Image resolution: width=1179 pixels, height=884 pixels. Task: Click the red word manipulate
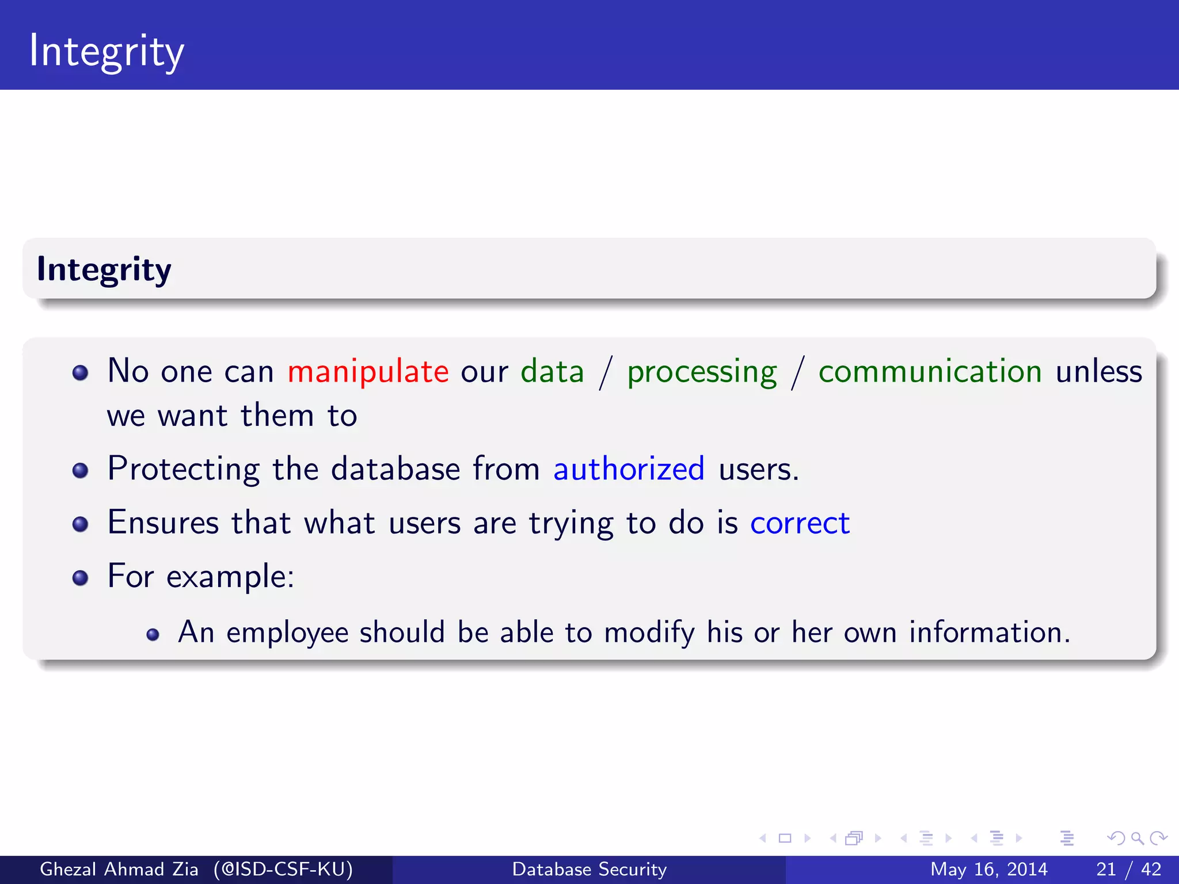point(368,371)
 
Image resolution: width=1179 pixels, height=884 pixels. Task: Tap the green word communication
point(930,371)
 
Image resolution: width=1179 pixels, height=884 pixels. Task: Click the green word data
point(552,371)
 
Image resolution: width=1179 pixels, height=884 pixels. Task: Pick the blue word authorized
point(629,468)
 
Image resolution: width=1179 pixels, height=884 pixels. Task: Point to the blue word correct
point(800,523)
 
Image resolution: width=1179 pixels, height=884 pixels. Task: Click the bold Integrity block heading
point(104,269)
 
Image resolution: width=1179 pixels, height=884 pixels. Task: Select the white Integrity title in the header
point(107,52)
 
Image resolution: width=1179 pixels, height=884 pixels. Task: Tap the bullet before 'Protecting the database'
point(81,470)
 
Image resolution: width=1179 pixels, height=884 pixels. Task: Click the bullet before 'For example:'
point(81,577)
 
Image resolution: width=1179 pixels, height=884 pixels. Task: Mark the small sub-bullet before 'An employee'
point(153,634)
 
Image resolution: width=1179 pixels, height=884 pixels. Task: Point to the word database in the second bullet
point(395,468)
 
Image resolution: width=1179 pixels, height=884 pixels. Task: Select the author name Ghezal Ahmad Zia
point(119,869)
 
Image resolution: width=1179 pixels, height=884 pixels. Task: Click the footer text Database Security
point(589,869)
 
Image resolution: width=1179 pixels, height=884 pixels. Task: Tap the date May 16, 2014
point(988,869)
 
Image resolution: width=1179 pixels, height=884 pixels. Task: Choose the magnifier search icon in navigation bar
point(1137,838)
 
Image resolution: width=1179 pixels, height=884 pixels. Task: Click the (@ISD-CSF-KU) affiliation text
point(283,869)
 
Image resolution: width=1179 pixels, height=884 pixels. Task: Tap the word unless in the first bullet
point(1098,371)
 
